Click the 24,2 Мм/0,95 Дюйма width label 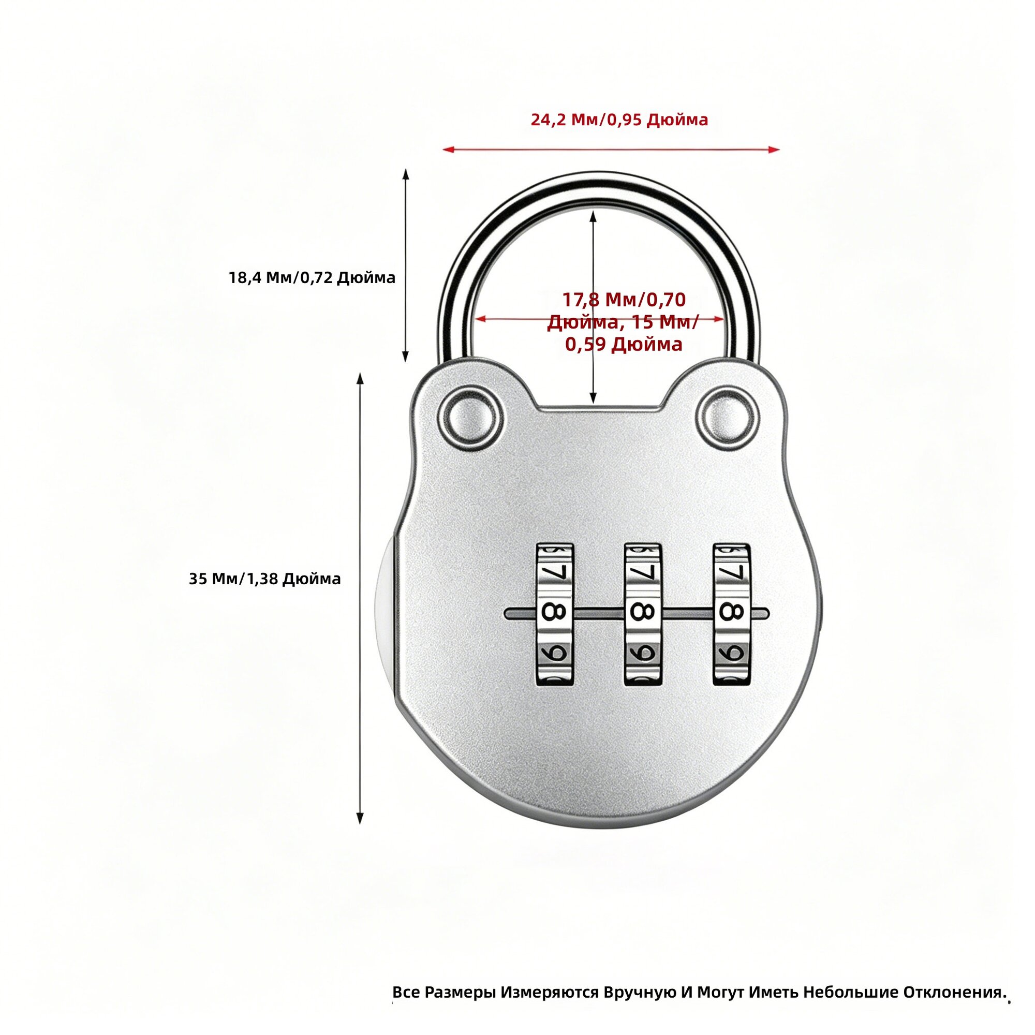[619, 120]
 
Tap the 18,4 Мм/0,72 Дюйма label [312, 277]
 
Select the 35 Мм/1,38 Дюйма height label [264, 579]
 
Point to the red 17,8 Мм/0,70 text [624, 300]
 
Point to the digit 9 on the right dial [731, 653]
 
